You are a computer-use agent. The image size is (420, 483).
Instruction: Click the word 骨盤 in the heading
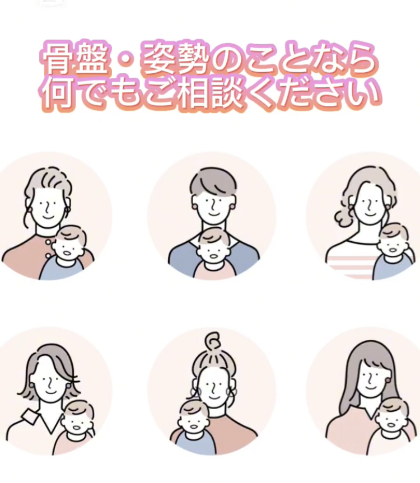click(x=76, y=59)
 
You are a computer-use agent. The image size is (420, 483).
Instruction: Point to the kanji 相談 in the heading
click(x=212, y=93)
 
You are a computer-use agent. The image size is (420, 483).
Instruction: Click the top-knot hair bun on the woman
click(x=213, y=341)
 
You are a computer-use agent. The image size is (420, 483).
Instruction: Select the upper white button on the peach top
click(x=49, y=242)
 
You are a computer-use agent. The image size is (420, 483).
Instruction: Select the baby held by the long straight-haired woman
click(x=392, y=426)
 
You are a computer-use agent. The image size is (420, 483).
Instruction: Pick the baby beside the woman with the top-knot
click(x=193, y=426)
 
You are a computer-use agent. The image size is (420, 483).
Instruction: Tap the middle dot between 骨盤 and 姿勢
click(x=127, y=60)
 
